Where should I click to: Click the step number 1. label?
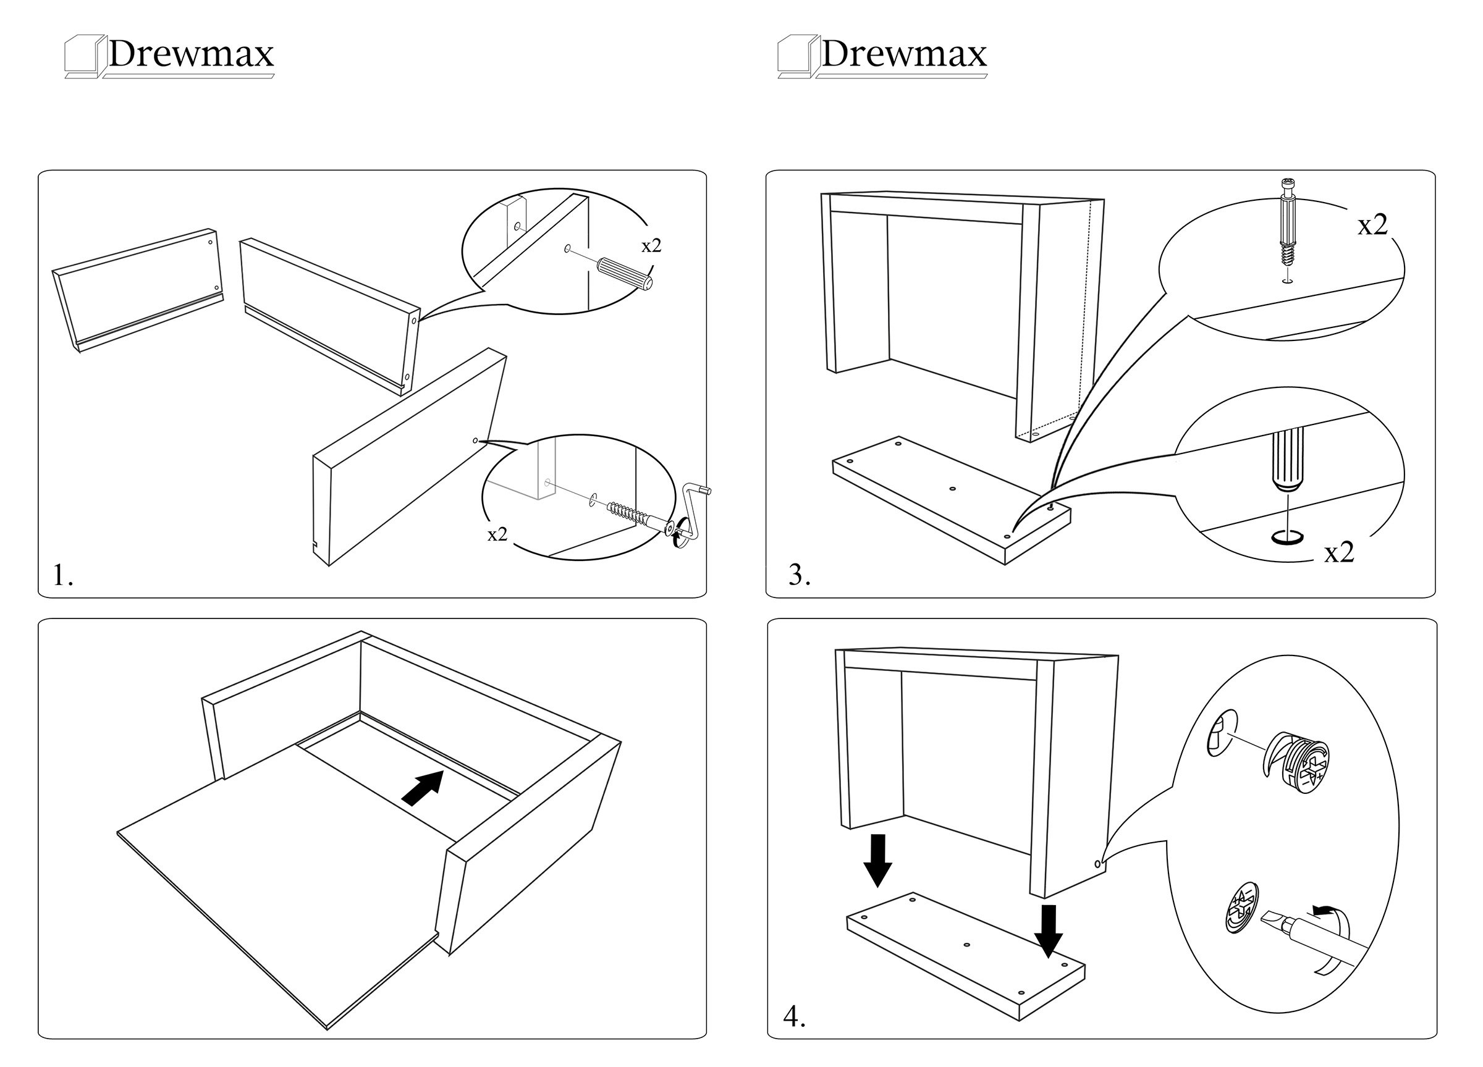[x=63, y=576]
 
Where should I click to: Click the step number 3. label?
[x=800, y=575]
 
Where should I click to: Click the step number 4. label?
[x=795, y=1017]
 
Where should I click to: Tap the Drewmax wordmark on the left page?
[x=190, y=54]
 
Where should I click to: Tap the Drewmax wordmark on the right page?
[x=903, y=54]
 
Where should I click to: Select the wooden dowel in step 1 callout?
[x=625, y=273]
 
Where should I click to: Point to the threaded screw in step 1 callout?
[x=627, y=512]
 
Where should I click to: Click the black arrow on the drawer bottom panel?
[x=423, y=787]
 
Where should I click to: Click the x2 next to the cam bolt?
[x=1372, y=225]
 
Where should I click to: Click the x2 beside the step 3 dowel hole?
[x=1338, y=553]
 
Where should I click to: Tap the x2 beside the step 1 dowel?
[x=651, y=246]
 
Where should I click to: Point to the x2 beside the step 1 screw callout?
[x=497, y=535]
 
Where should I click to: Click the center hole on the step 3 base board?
[x=952, y=488]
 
